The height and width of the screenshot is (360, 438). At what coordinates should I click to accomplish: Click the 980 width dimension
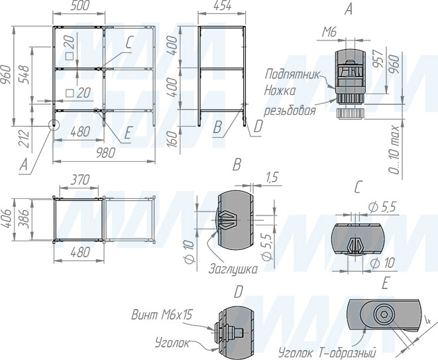105,153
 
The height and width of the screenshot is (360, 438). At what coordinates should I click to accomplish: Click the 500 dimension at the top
80,5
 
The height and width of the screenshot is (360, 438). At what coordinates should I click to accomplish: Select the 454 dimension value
222,6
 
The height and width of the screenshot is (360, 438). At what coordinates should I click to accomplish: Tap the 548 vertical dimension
23,74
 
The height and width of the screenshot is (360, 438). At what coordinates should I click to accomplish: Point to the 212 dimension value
24,139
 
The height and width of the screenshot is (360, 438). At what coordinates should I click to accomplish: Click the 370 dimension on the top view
80,180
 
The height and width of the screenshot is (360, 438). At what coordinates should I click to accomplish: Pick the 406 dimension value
8,219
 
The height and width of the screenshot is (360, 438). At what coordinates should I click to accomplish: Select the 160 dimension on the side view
173,139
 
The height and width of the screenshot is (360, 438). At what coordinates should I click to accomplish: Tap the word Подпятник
292,75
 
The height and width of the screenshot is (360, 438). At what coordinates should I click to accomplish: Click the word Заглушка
233,269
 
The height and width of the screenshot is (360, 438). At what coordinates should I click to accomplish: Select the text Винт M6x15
162,315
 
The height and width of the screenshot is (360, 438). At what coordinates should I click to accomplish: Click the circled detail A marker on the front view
53,125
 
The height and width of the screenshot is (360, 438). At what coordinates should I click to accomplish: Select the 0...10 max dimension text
395,150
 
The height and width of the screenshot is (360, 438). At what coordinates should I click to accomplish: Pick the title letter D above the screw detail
239,292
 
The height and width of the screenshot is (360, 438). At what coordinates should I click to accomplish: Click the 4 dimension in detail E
427,320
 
